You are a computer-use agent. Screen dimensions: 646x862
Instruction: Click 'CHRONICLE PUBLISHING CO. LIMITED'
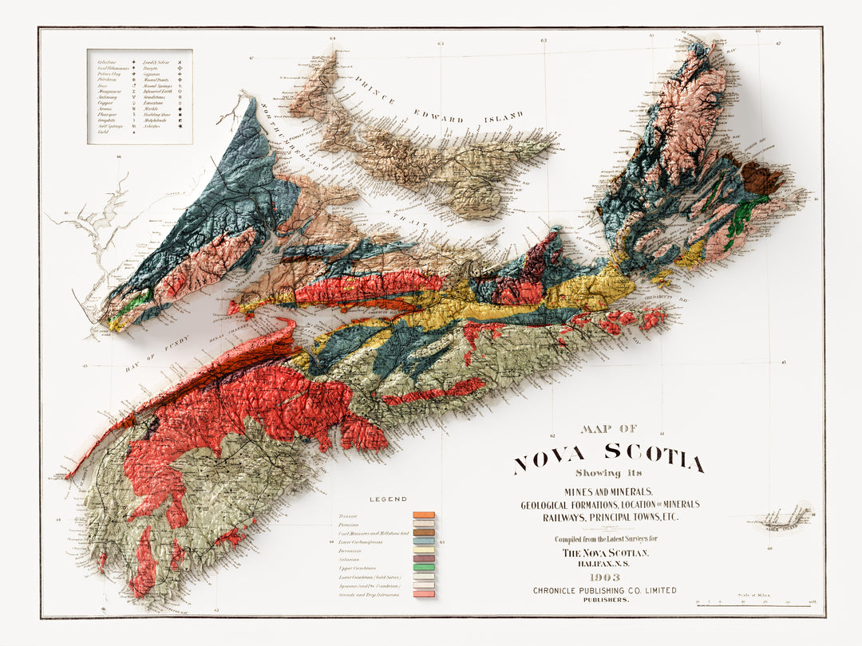604,591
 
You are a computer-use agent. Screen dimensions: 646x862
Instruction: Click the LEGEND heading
388,499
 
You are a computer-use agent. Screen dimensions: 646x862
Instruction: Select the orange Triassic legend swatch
424,515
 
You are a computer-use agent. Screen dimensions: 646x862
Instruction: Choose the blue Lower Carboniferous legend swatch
424,542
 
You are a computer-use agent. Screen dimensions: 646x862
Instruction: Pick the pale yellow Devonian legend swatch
424,550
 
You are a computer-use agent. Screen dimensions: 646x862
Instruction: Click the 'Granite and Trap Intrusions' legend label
369,594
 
